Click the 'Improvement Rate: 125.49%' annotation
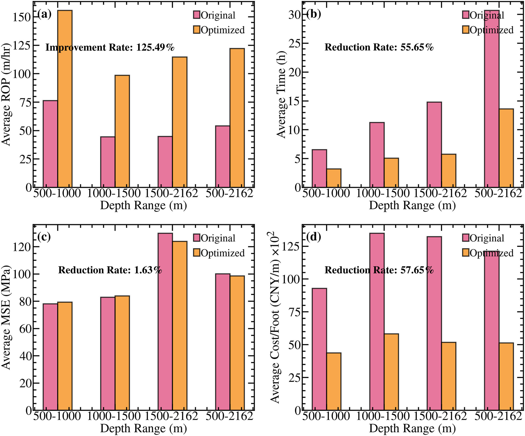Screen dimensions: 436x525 110,47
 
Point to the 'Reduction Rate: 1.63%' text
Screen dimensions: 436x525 110,270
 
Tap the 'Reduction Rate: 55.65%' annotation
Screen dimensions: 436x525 379,47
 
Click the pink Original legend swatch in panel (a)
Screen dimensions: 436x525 197,15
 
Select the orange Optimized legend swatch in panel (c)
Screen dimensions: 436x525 197,253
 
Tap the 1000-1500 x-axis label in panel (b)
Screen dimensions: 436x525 382,193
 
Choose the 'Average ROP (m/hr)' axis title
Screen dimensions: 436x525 6,94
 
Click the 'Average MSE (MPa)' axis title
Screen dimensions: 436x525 6,318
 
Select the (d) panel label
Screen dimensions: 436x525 313,237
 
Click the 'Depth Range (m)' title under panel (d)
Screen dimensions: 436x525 412,428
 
